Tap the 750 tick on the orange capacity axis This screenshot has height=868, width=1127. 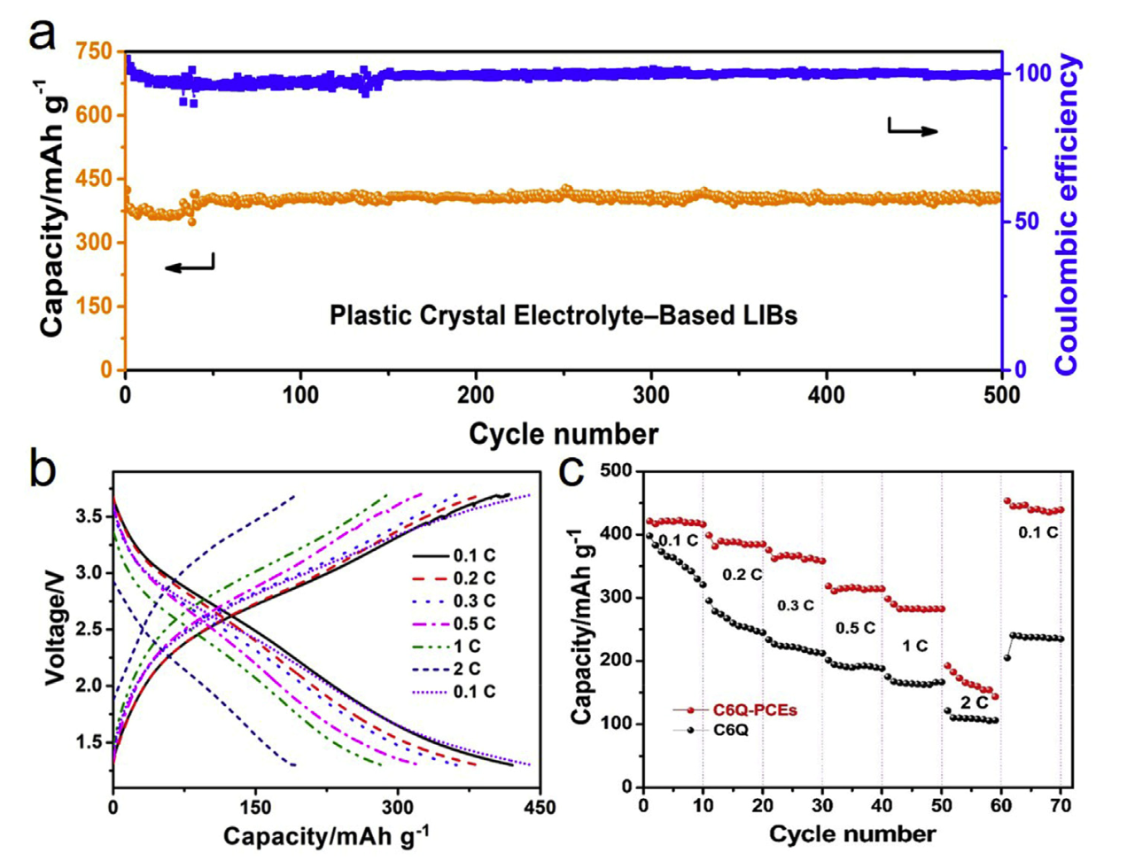tap(95, 51)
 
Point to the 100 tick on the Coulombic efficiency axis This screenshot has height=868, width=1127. tap(1032, 73)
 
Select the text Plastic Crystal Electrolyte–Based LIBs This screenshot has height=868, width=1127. tap(563, 315)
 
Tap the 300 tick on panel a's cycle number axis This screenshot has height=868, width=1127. tap(652, 395)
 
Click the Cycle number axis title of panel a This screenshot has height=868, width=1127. tap(563, 434)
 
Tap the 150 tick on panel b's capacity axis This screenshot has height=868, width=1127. tap(255, 807)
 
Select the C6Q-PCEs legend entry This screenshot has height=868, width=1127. tap(754, 710)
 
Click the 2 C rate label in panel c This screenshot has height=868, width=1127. tap(975, 702)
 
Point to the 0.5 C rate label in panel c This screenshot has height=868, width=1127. tap(855, 628)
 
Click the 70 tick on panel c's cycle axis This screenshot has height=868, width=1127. tap(1061, 806)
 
